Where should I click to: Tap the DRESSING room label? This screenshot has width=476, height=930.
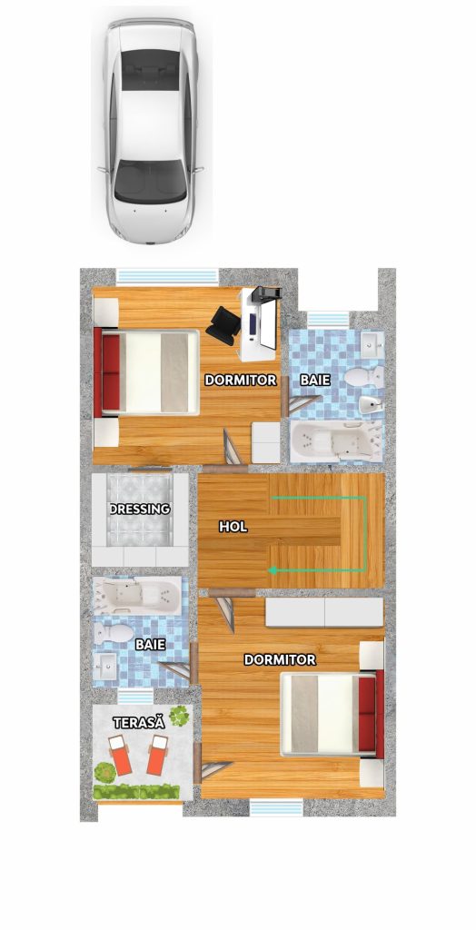tap(141, 510)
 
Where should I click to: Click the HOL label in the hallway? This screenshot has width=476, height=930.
tap(233, 526)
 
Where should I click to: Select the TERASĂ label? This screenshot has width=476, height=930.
tap(139, 722)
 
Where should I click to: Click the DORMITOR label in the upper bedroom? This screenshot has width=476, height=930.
tap(240, 381)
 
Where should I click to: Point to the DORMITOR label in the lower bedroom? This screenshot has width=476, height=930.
tap(280, 660)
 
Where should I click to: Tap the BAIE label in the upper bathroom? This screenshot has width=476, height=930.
tap(315, 381)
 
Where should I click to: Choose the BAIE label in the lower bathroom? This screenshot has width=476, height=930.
tap(150, 644)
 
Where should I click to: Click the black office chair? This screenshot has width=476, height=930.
tap(222, 324)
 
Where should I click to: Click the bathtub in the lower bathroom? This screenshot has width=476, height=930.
tap(138, 595)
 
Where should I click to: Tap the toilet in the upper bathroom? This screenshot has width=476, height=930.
tap(367, 376)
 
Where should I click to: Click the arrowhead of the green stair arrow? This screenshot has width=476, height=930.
tap(272, 570)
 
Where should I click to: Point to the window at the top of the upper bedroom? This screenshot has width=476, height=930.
tap(168, 275)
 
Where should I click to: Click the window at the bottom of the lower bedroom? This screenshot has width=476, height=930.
tap(276, 807)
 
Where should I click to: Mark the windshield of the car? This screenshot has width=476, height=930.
tap(149, 176)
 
